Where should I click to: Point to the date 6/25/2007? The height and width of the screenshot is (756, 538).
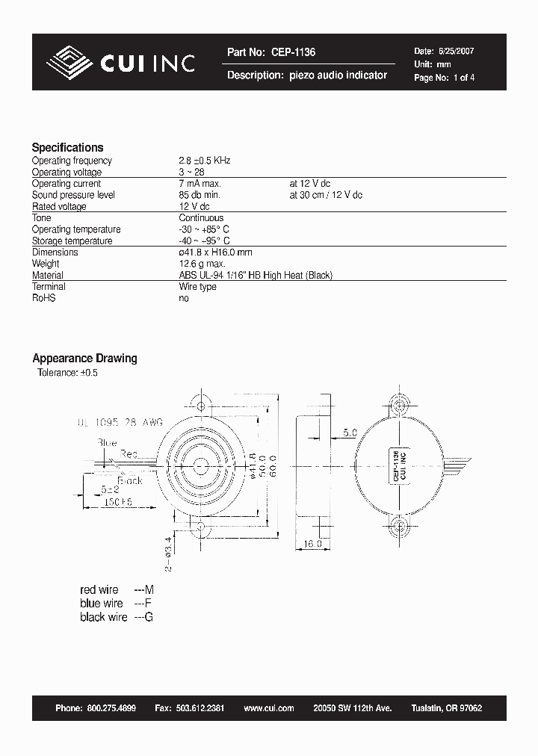tap(455, 52)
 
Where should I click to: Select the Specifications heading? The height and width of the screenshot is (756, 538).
tap(67, 147)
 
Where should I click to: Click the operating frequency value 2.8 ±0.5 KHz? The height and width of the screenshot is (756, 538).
tap(205, 161)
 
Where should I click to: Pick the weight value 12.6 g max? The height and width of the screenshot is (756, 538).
tap(202, 264)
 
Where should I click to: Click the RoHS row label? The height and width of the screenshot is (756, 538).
tap(43, 298)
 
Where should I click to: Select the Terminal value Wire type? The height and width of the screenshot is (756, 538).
tap(197, 287)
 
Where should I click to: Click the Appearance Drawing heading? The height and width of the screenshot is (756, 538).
tap(84, 359)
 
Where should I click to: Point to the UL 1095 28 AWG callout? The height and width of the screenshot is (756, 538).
tap(120, 422)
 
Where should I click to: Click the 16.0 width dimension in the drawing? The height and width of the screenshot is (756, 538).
tap(312, 544)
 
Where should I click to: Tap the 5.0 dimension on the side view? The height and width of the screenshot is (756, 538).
tap(350, 432)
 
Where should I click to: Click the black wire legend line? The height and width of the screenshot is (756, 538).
tap(116, 617)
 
